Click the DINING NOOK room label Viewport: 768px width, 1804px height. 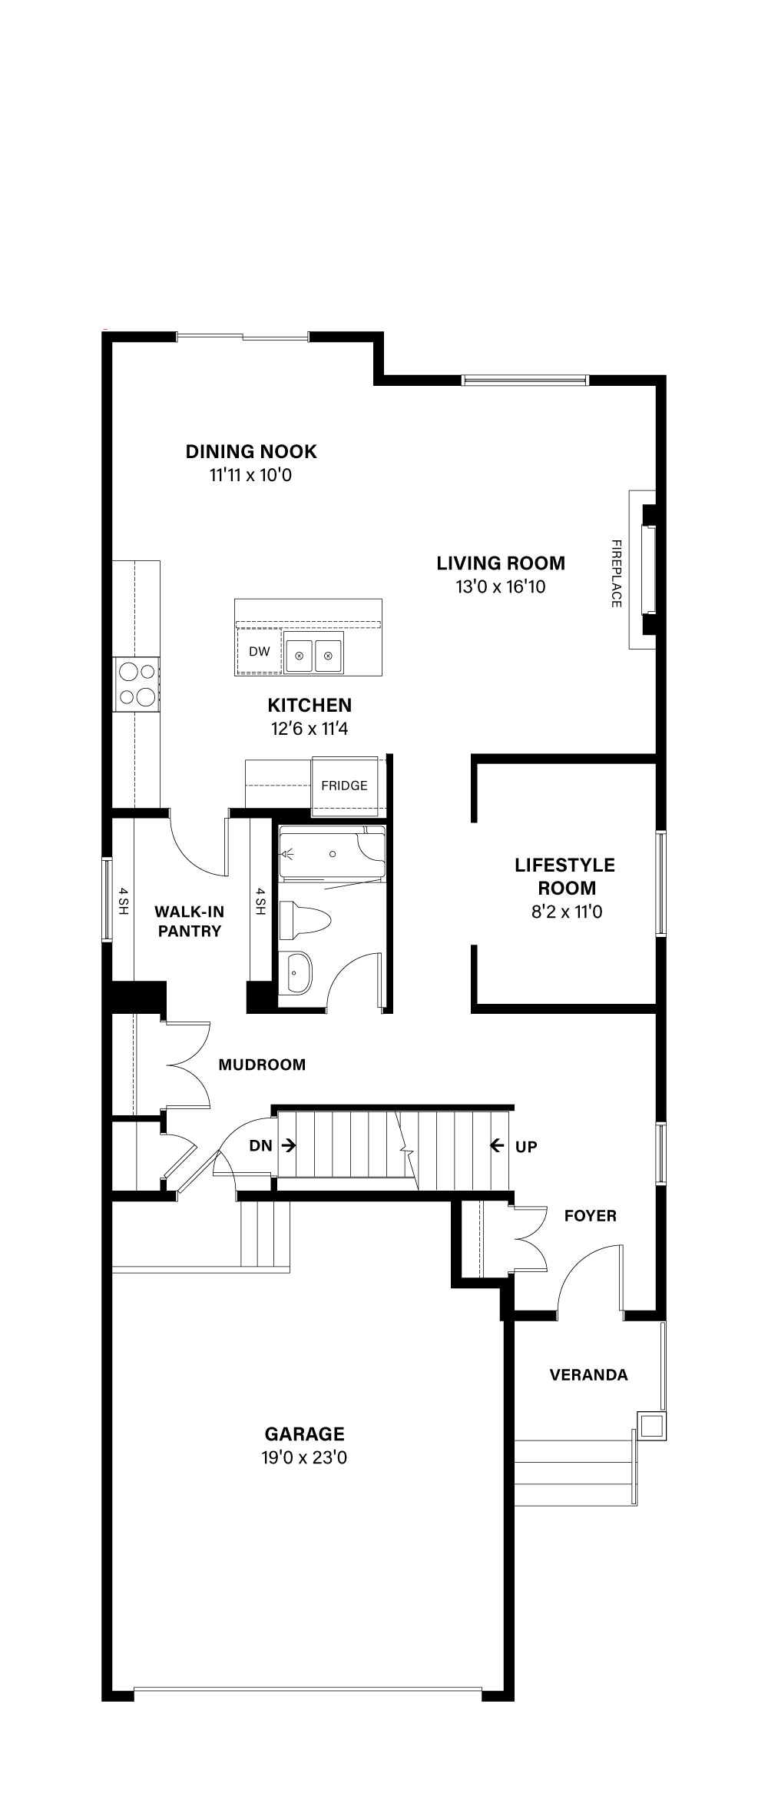251,451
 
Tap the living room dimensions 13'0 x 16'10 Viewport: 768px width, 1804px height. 501,587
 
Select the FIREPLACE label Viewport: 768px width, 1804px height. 616,573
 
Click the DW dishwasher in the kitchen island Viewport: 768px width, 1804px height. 260,652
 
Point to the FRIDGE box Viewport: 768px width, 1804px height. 344,785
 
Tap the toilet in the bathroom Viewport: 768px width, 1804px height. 304,919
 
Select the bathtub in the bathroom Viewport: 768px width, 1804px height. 331,854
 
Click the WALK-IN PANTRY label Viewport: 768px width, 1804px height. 189,922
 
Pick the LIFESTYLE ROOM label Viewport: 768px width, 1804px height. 565,876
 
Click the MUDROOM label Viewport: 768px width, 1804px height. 262,1065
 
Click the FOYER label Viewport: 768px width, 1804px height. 591,1215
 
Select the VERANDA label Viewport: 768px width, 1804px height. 589,1374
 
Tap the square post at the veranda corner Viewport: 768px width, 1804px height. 651,1426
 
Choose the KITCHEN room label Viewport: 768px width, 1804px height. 310,705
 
